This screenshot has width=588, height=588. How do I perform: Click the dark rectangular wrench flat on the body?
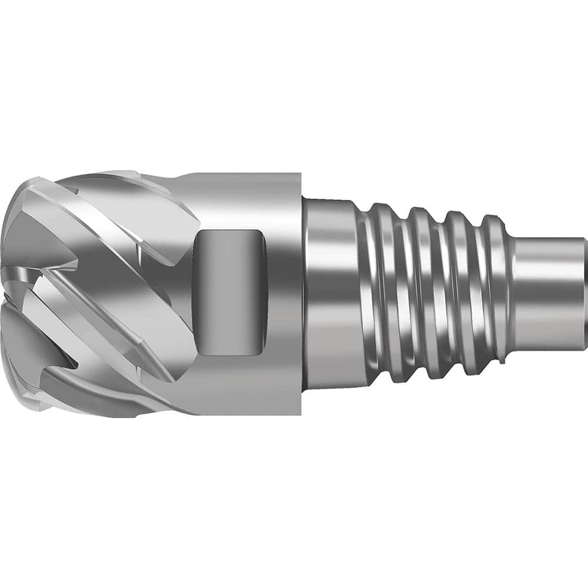coord(229,292)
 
